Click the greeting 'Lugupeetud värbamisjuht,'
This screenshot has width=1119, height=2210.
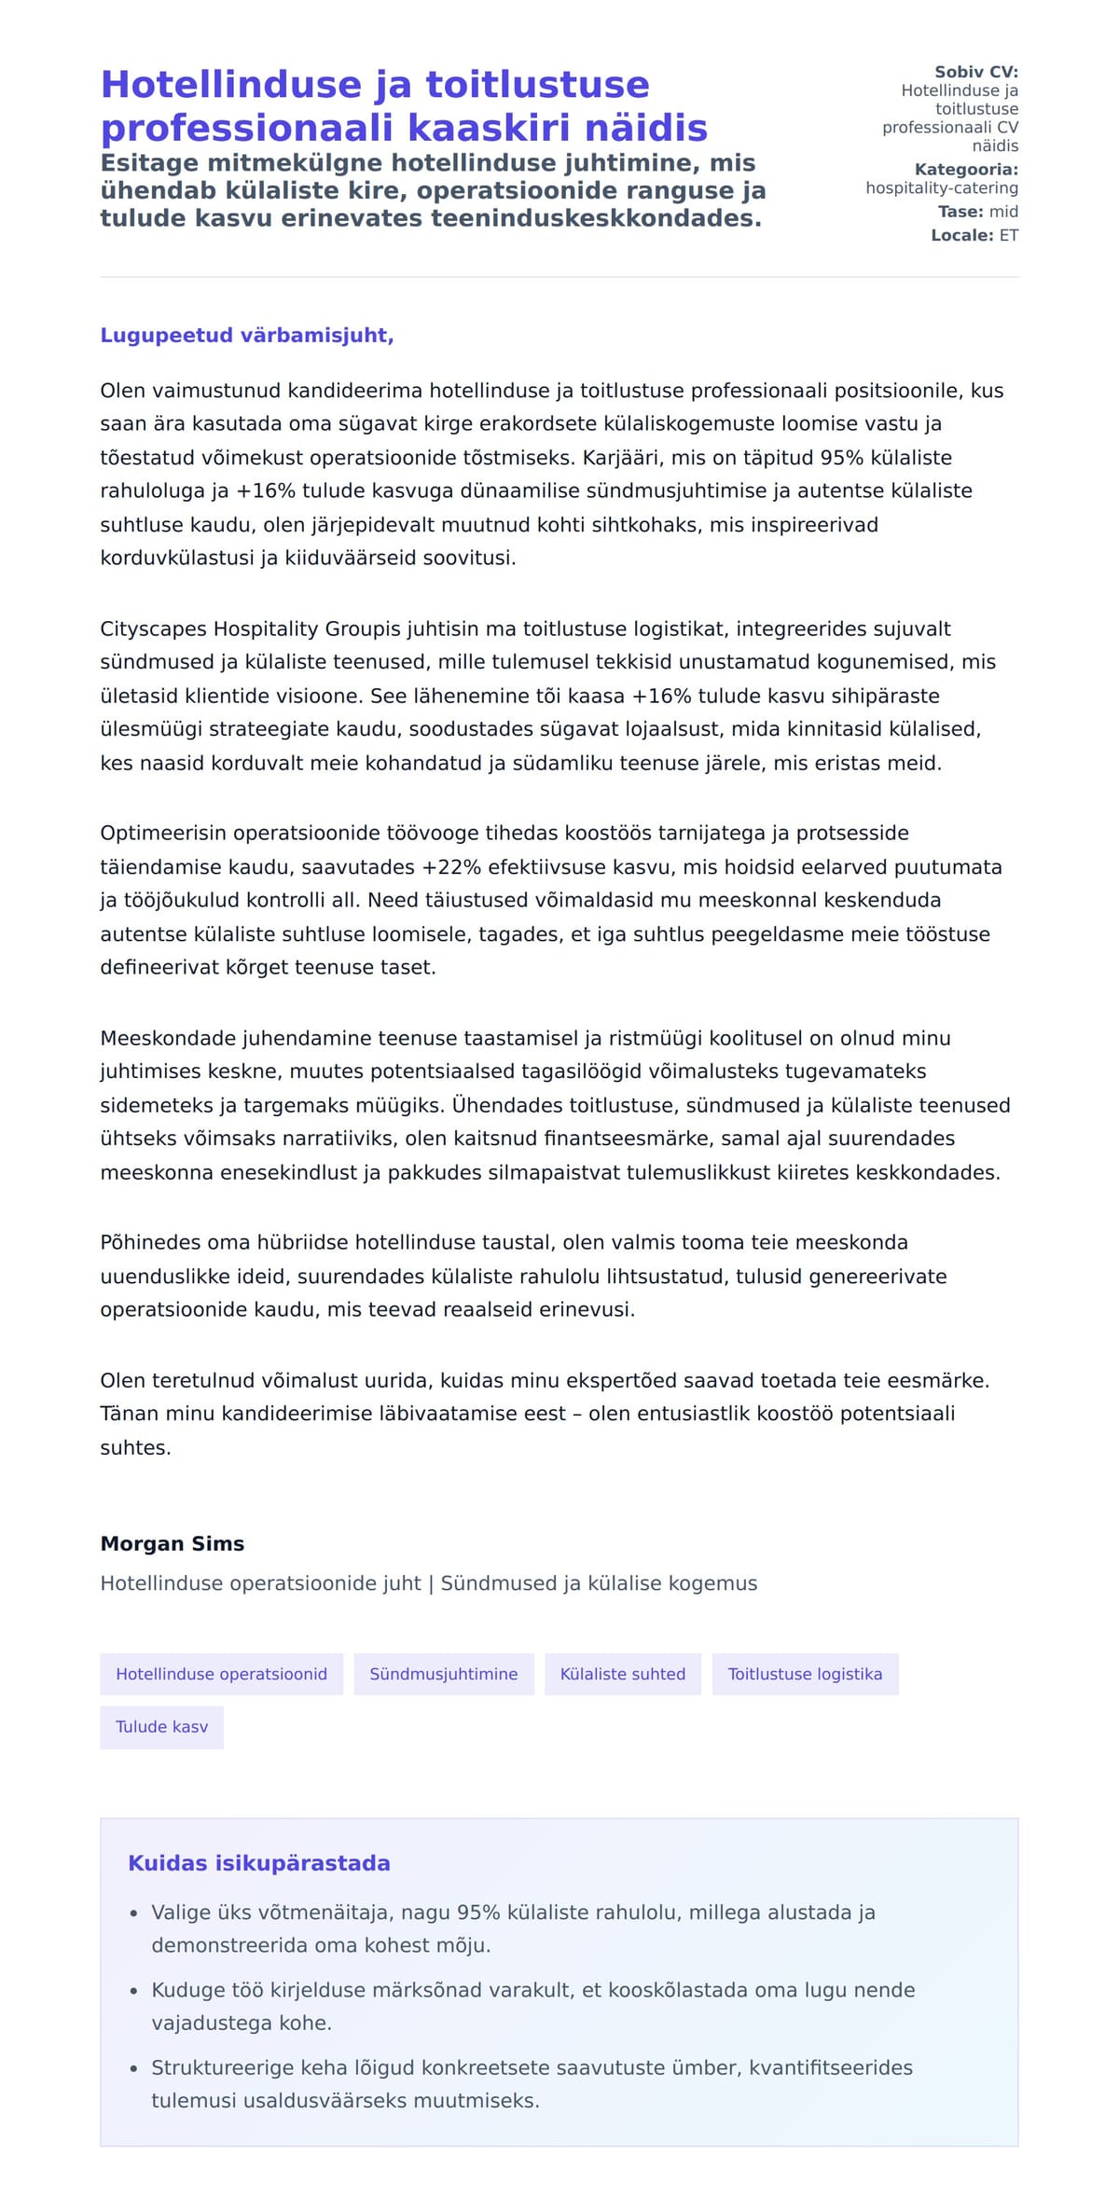[x=247, y=336]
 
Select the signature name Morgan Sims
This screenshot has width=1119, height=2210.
[x=173, y=1543]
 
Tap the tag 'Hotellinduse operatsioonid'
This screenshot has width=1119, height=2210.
[x=221, y=1674]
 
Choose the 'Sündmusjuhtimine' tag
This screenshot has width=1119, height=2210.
[x=444, y=1674]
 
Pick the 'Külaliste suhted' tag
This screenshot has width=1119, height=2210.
[x=623, y=1674]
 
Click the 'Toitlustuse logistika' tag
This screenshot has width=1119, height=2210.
[x=805, y=1674]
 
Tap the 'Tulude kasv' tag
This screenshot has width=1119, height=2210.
[x=161, y=1727]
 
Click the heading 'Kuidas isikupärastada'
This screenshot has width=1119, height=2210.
[x=259, y=1863]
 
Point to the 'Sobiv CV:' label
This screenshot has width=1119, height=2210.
[x=976, y=72]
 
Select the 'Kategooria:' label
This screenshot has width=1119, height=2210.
[x=966, y=170]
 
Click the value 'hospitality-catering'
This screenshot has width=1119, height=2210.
[x=942, y=188]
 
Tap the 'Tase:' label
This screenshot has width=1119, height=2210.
[x=961, y=212]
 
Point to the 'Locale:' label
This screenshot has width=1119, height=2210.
[x=962, y=236]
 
